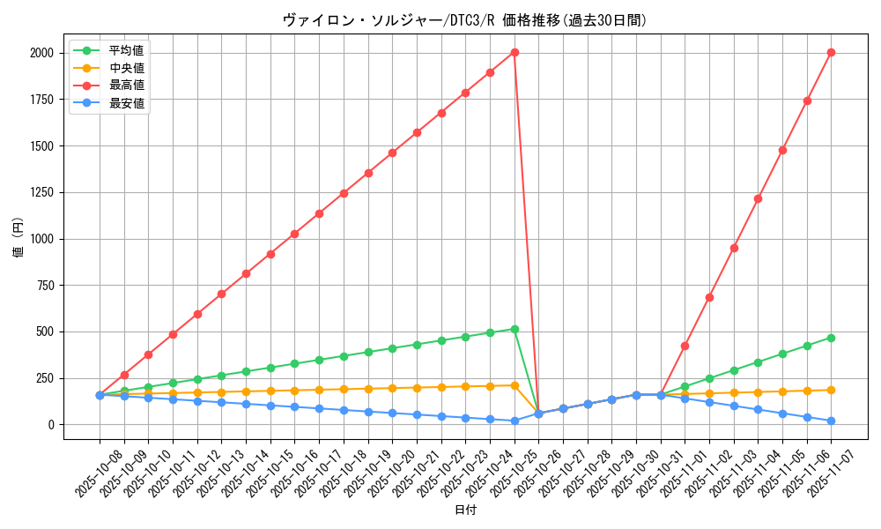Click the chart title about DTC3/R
pos(464,20)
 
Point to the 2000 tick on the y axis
pos(41,53)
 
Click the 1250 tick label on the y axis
pos(41,192)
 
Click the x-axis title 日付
pos(464,510)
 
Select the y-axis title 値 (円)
pos(18,238)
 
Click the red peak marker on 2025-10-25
pos(515,53)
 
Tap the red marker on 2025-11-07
pos(831,53)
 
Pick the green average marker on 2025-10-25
pos(515,329)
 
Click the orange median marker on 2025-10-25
pos(515,385)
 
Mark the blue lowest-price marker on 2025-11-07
pos(831,421)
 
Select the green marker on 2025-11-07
pos(831,338)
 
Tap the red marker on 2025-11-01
pos(685,346)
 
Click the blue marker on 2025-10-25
pos(515,421)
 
